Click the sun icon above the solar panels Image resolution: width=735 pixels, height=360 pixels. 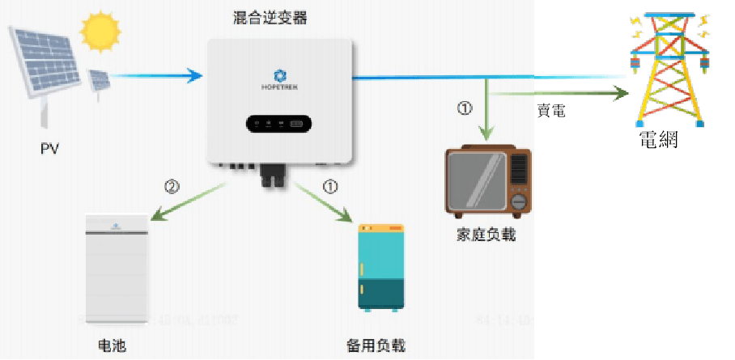(x=100, y=32)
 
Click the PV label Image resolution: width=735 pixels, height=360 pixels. (x=50, y=149)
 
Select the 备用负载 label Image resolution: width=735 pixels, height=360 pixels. (x=376, y=345)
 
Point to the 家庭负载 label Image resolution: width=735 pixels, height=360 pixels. (x=486, y=235)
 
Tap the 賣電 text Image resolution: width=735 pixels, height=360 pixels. (x=551, y=111)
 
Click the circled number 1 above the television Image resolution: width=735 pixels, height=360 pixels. (x=464, y=108)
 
